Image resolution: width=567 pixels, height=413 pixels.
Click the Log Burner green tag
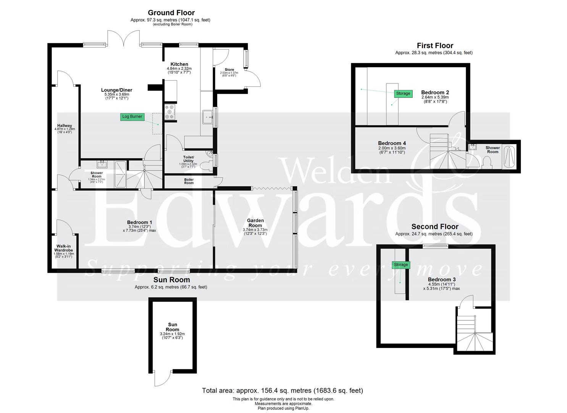(x=132, y=117)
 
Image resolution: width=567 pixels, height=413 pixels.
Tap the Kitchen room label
(x=179, y=64)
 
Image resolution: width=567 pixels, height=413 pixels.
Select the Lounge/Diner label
(x=116, y=90)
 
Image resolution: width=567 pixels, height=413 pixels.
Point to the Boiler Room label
(x=189, y=181)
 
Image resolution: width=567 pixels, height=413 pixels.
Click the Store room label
(x=229, y=70)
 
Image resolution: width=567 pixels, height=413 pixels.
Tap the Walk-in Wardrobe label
(x=64, y=248)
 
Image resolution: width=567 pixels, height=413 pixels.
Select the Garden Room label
(x=255, y=223)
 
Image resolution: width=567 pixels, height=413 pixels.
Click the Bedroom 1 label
(x=139, y=222)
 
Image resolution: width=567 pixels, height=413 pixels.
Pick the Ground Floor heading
(x=171, y=13)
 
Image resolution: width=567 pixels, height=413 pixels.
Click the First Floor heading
(x=435, y=46)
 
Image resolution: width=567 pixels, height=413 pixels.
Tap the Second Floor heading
(x=435, y=226)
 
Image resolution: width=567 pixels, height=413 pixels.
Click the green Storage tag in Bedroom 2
(x=403, y=93)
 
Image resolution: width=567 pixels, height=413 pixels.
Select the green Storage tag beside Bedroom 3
(x=401, y=265)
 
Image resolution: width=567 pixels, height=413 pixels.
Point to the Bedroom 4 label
(x=392, y=143)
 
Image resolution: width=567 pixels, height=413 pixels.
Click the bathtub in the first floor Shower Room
(x=509, y=157)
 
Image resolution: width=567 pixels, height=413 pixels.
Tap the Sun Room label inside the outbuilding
(x=172, y=327)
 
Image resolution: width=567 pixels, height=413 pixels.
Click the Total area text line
(x=283, y=390)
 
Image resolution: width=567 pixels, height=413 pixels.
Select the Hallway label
(x=65, y=125)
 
